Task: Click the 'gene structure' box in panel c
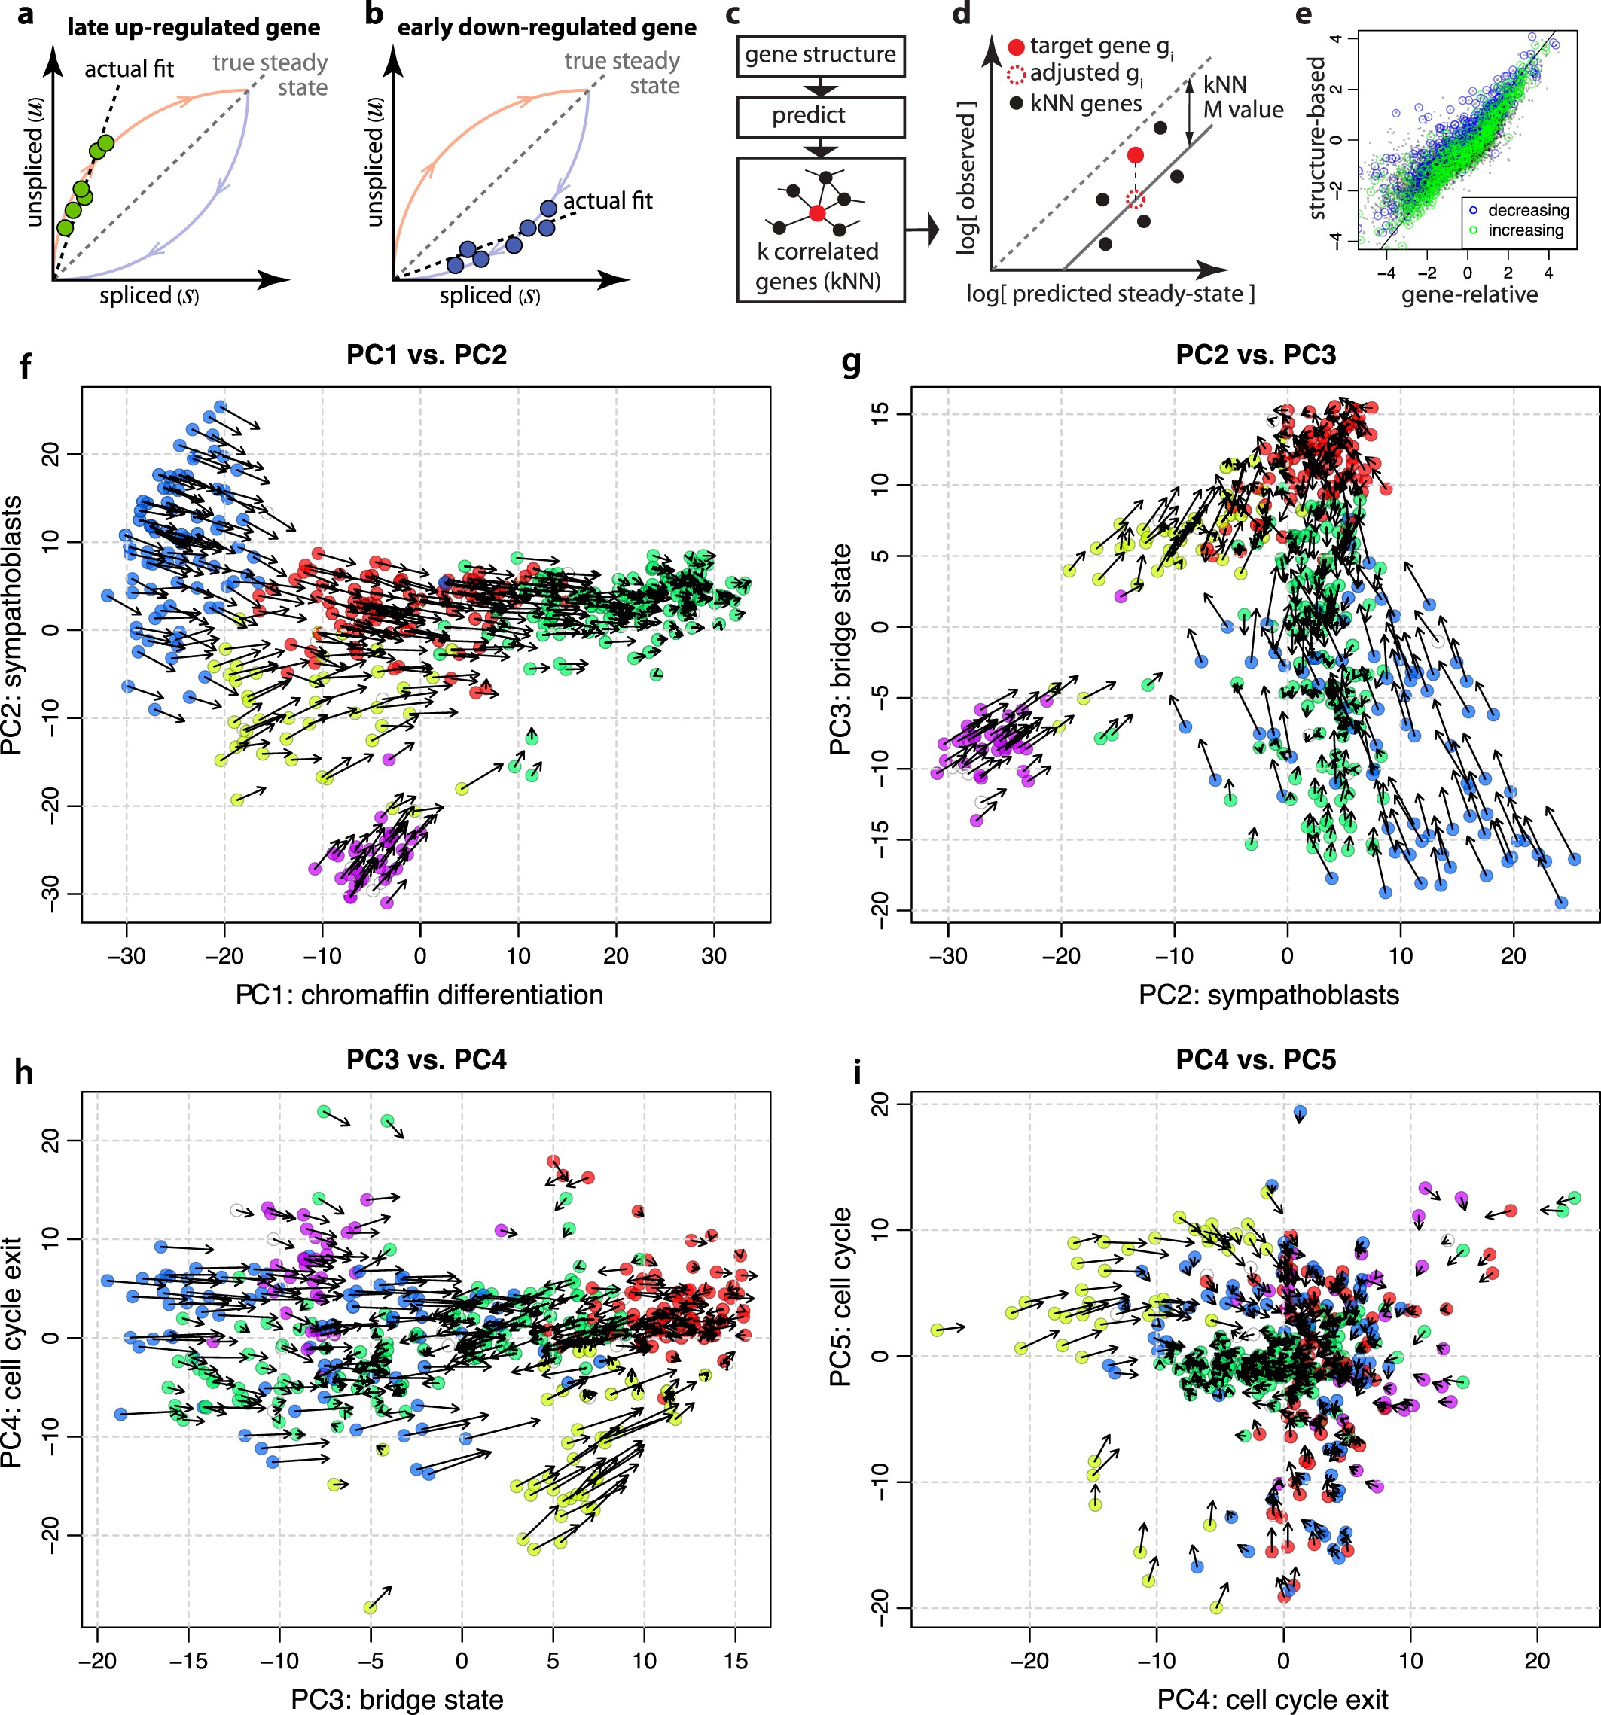coord(820,56)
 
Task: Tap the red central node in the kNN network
coord(816,212)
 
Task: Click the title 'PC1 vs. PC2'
coord(426,355)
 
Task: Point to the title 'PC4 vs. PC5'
coord(1256,1059)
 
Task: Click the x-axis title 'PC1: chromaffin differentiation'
coord(419,995)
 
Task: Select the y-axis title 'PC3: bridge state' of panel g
coord(840,649)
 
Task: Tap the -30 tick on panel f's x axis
coord(126,956)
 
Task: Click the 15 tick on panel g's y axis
coord(880,414)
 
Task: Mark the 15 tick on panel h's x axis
coord(735,1661)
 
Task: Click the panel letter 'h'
coord(23,1072)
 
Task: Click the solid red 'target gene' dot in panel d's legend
coord(1016,47)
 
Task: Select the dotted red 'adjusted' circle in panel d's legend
coord(1016,75)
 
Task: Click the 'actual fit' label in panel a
coord(129,69)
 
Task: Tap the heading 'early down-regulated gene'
coord(546,28)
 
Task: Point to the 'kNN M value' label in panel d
coord(1242,96)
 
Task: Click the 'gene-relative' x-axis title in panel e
coord(1469,294)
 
